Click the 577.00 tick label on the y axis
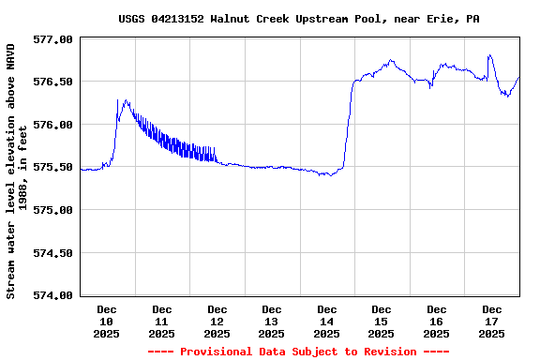(x=52, y=39)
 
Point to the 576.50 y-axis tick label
(x=52, y=82)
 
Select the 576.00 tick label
(x=52, y=125)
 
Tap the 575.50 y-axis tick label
(x=52, y=167)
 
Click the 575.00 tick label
(x=52, y=210)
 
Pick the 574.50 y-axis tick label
(x=52, y=252)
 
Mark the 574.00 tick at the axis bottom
(x=52, y=294)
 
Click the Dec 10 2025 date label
(x=107, y=321)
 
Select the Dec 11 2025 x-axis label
(x=162, y=321)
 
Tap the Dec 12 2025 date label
(x=217, y=321)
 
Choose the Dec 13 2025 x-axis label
(x=272, y=321)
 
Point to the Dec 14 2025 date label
(x=326, y=321)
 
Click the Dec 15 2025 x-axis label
(x=381, y=321)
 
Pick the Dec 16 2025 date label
(x=436, y=321)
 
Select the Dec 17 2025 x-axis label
(x=491, y=321)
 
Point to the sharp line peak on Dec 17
(x=489, y=55)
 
